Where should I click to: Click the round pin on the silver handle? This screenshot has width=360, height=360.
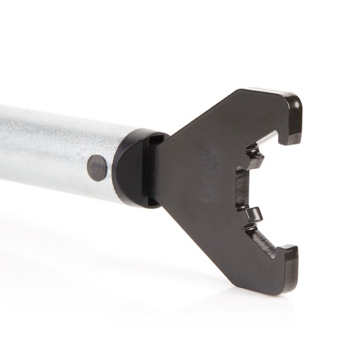[98, 168]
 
